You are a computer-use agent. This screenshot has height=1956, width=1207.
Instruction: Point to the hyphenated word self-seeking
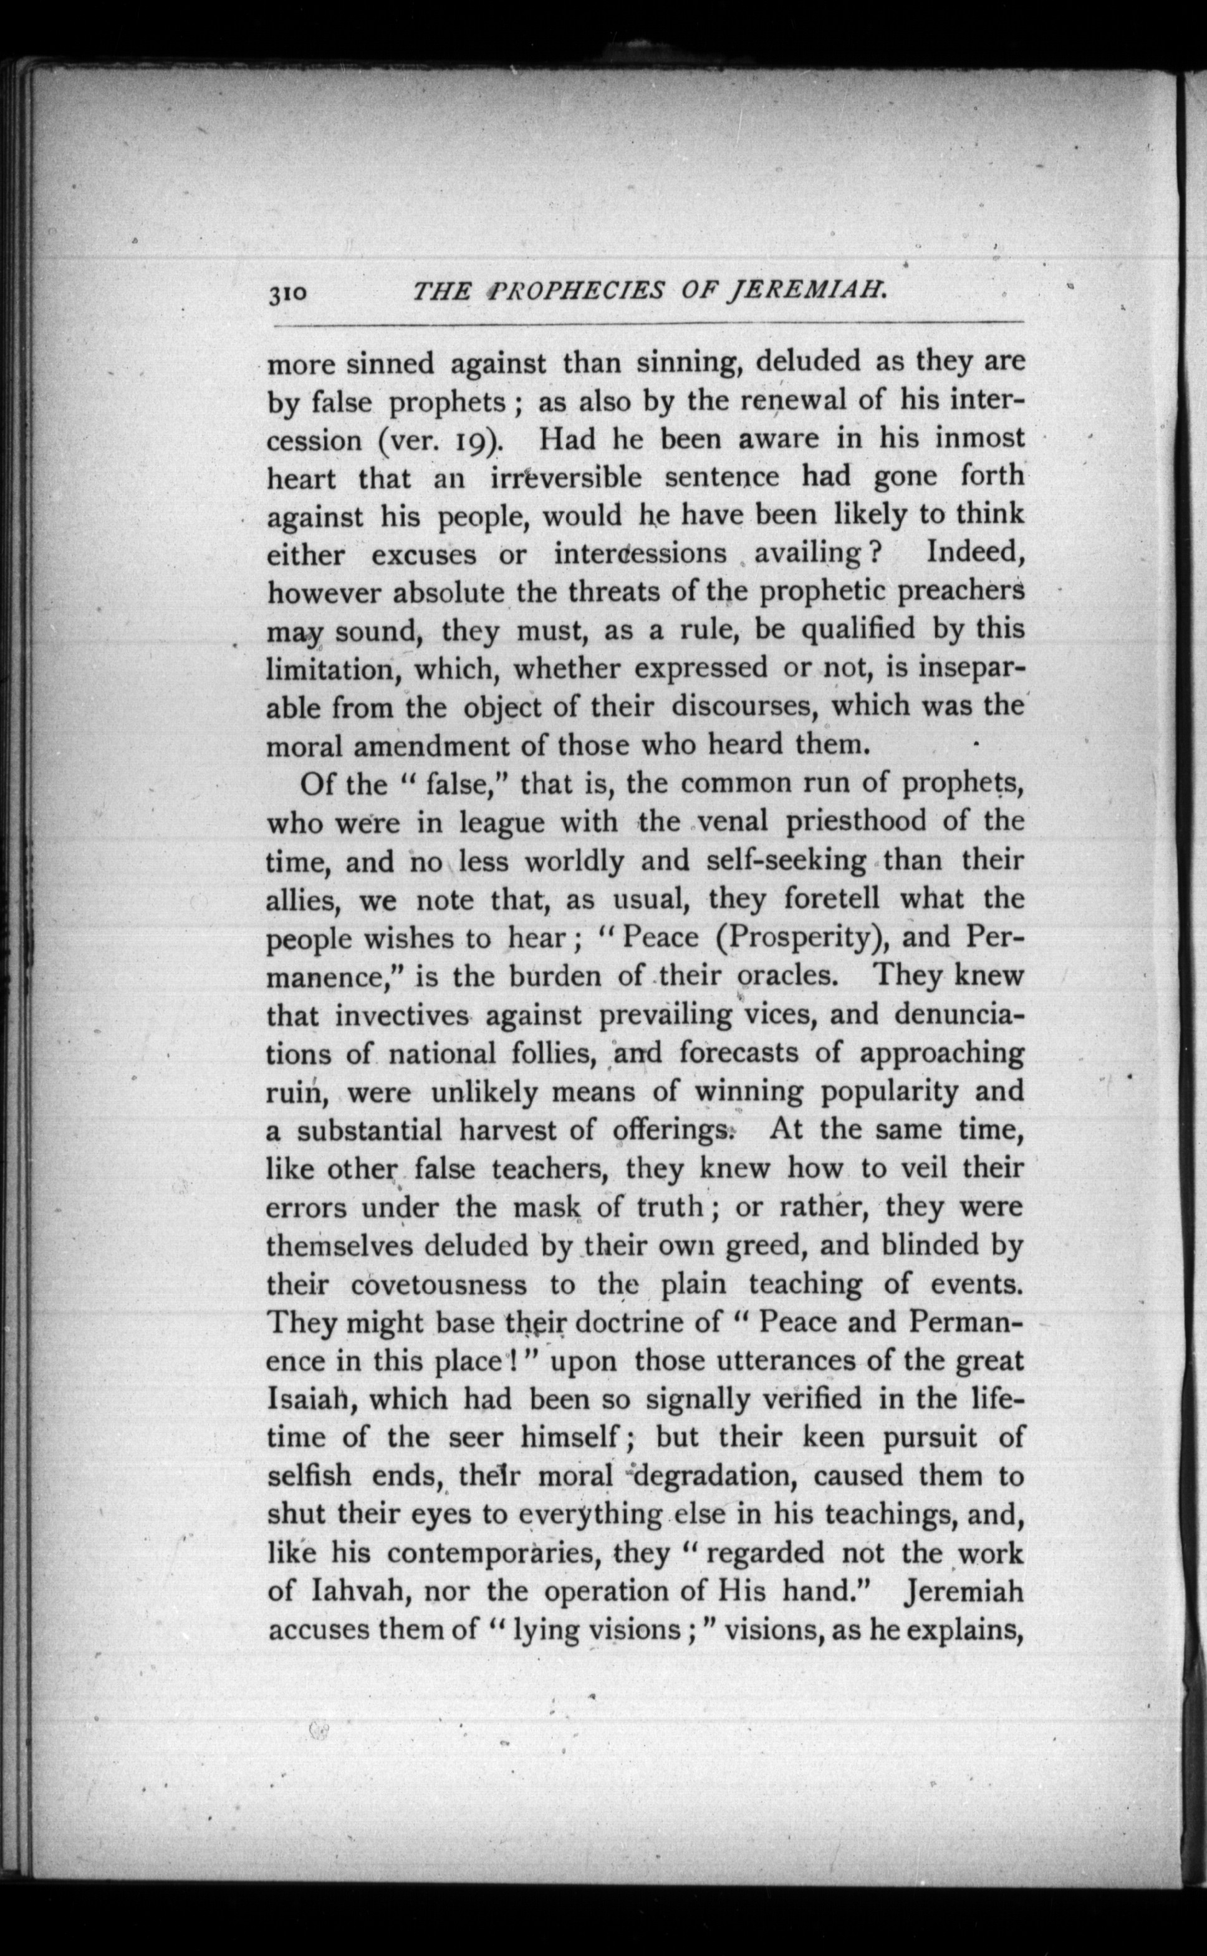point(786,861)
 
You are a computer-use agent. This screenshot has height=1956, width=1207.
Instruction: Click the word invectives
point(402,1015)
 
